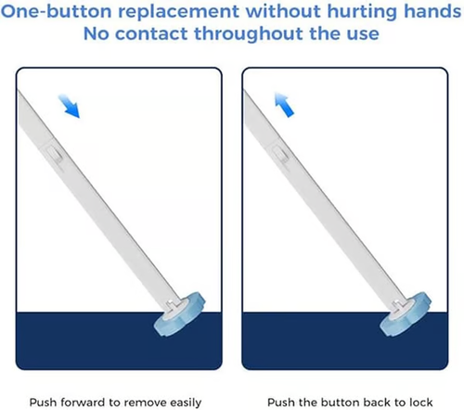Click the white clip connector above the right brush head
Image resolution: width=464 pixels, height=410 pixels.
(394, 304)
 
